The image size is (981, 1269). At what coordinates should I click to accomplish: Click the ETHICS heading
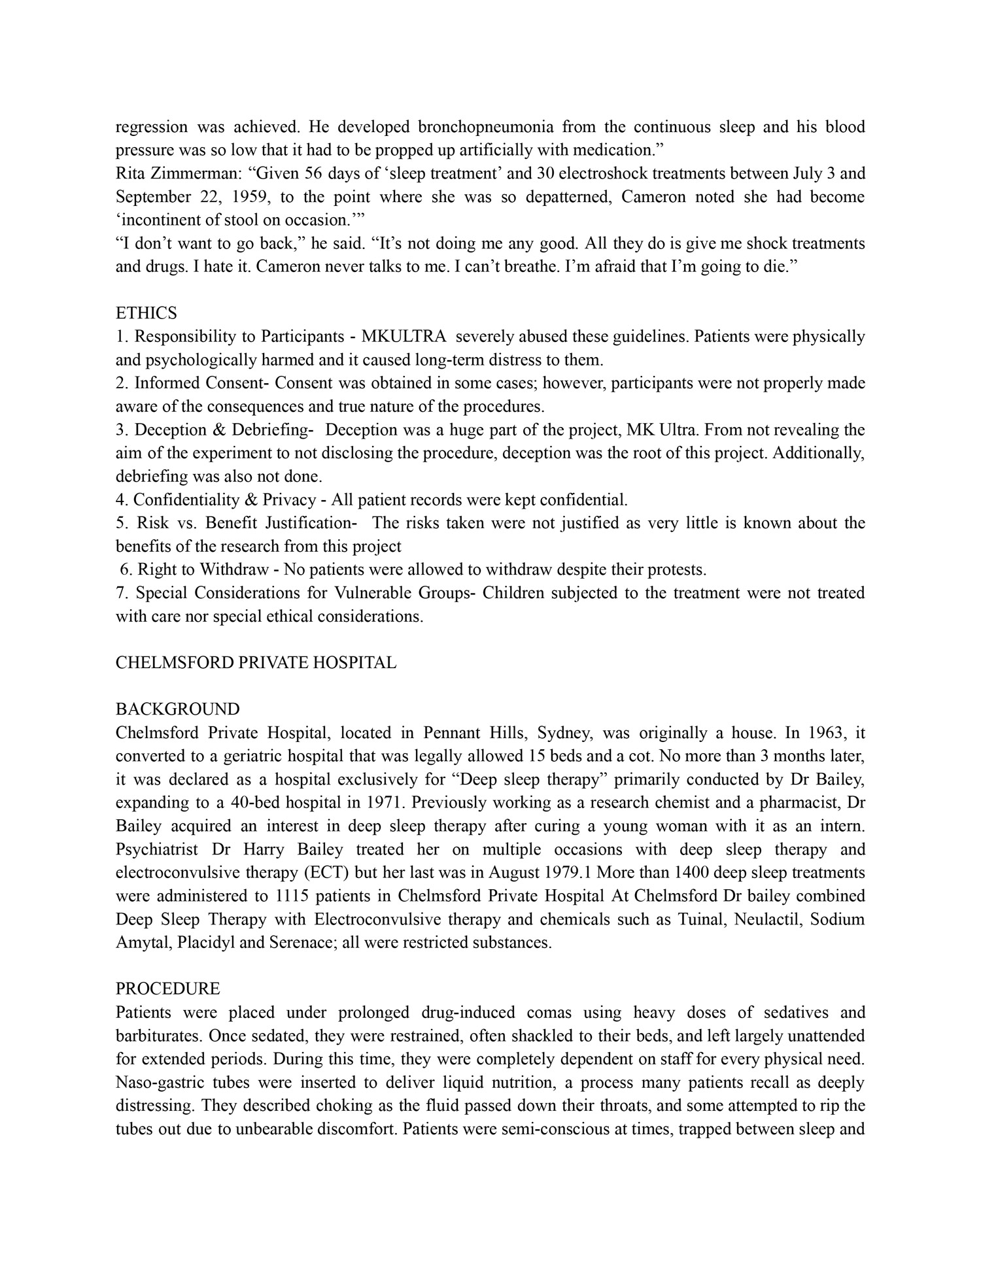click(146, 313)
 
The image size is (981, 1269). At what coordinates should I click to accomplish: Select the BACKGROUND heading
click(177, 709)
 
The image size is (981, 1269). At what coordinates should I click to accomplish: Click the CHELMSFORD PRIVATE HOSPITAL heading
click(256, 663)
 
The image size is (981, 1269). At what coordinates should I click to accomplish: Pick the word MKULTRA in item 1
click(404, 337)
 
